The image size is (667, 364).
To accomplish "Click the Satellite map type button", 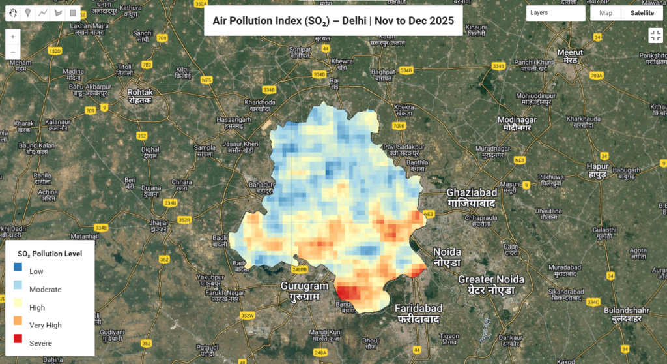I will pyautogui.click(x=642, y=13).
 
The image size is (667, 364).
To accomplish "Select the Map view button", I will pyautogui.click(x=606, y=13).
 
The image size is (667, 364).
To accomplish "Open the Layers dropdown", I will pyautogui.click(x=555, y=13).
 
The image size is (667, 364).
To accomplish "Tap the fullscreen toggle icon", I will pyautogui.click(x=655, y=36).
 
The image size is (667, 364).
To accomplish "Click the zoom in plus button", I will pyautogui.click(x=13, y=37).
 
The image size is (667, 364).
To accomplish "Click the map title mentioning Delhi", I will pyautogui.click(x=333, y=21).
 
